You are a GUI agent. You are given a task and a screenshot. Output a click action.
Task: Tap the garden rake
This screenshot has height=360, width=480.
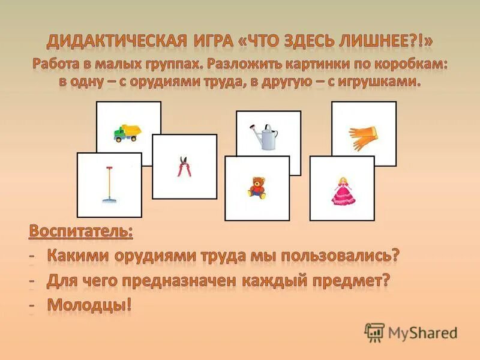pos(109,184)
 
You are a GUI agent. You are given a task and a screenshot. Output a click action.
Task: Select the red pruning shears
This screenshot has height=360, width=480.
pos(184,166)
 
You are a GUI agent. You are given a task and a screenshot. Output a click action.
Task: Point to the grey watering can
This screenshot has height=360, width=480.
pos(266,139)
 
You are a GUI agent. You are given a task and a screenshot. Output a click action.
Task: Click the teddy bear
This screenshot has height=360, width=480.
pos(257,187)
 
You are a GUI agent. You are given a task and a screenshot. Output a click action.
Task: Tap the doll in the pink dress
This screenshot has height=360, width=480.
pos(341,190)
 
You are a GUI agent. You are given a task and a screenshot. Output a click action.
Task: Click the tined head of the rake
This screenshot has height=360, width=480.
pos(109,200)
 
